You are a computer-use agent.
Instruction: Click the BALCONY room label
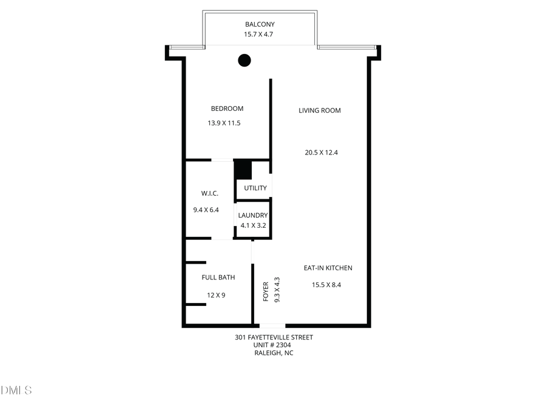260,24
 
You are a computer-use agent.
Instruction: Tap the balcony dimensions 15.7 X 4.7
260,35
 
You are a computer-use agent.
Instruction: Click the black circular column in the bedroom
244,60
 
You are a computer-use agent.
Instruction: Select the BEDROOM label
227,108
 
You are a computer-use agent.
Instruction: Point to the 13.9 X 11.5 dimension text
224,123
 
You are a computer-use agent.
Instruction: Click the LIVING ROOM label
320,110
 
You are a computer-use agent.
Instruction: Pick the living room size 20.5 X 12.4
321,153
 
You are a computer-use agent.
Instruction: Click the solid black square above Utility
243,169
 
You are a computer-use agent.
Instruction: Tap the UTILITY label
255,188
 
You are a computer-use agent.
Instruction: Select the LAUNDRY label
253,215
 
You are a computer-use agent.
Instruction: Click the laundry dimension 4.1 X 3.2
253,225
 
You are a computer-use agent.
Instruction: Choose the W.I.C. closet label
210,193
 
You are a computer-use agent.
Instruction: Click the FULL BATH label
218,278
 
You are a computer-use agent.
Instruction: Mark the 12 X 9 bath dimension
216,295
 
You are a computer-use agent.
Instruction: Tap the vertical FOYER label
266,291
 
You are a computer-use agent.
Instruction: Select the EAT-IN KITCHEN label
328,268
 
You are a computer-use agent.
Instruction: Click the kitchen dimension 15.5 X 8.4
326,285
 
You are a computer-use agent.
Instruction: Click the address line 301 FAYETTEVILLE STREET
274,338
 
